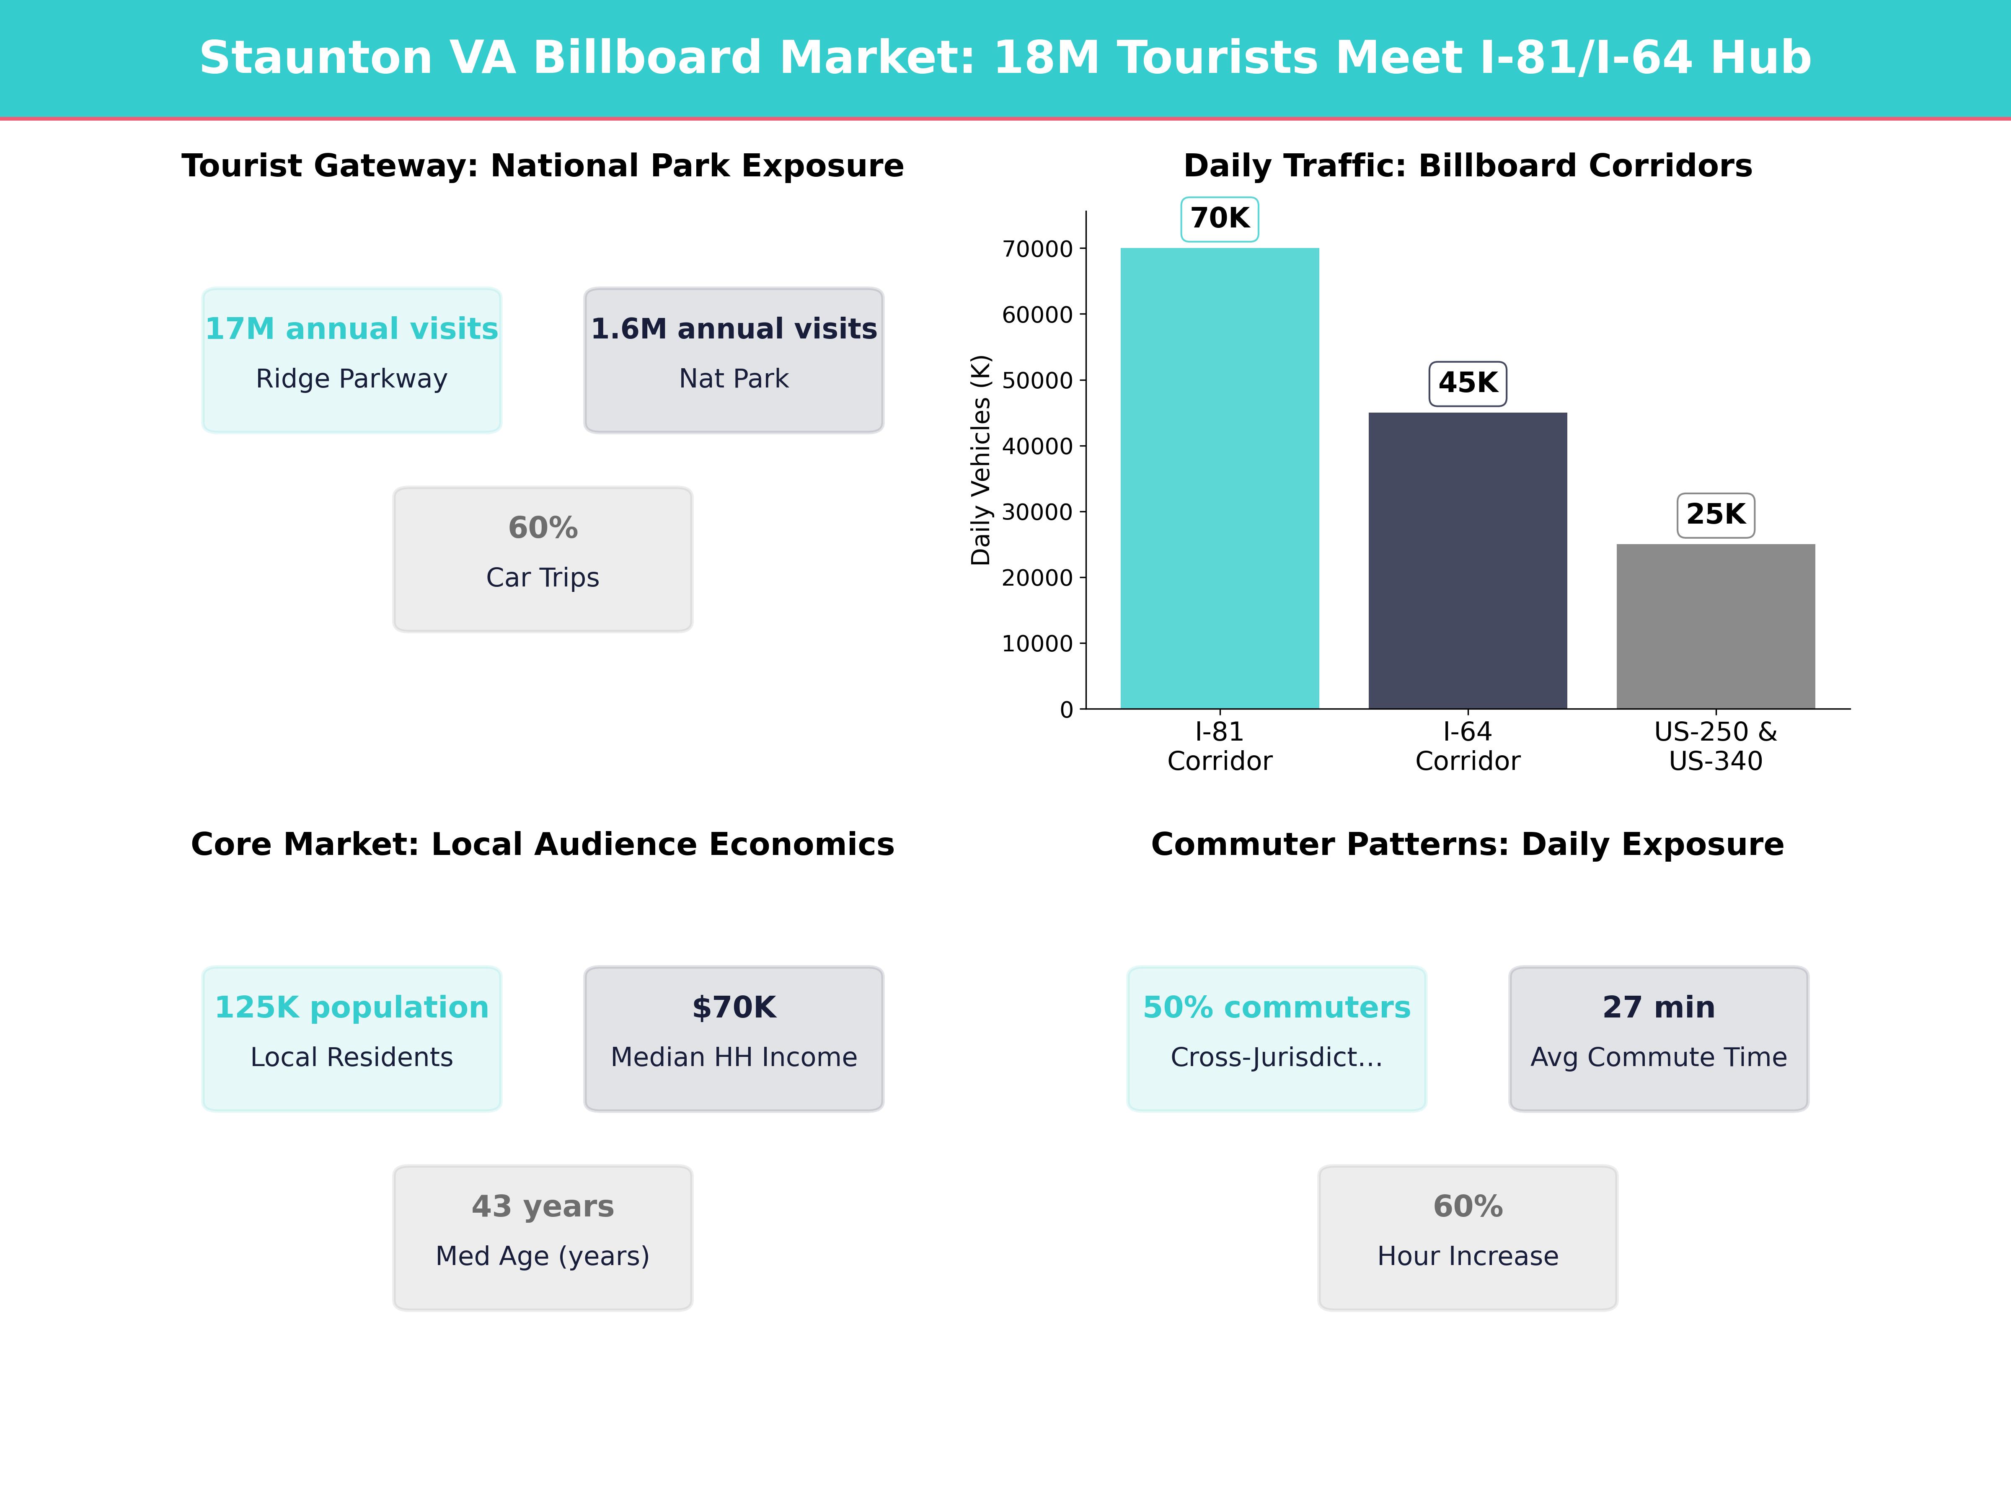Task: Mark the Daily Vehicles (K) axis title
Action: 980,460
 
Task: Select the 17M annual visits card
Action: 352,360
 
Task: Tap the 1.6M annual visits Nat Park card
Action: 734,360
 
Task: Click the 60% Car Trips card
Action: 543,559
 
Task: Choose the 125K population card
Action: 352,1038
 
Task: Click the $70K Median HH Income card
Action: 734,1038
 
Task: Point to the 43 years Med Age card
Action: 543,1237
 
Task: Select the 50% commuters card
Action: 1277,1038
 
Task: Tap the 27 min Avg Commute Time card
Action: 1658,1038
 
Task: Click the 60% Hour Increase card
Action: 1467,1237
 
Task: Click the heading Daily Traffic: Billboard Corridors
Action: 1467,166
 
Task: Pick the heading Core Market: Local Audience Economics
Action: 543,844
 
